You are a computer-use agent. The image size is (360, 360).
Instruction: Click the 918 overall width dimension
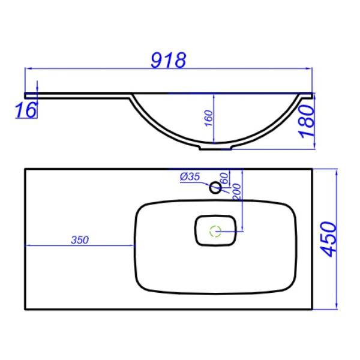point(169,60)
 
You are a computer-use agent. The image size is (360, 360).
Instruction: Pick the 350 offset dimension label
point(79,240)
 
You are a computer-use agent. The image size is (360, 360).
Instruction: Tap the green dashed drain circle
point(215,229)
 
